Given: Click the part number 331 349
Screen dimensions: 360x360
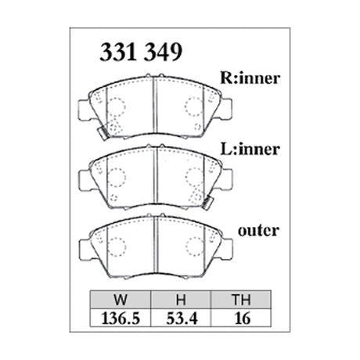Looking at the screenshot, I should pyautogui.click(x=139, y=52).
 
